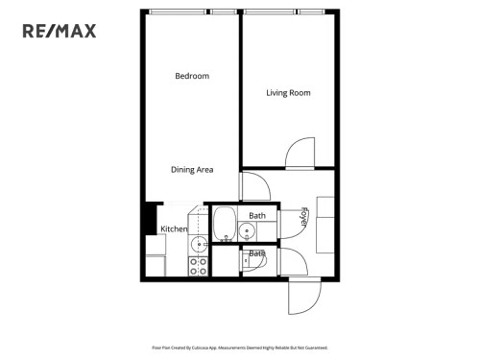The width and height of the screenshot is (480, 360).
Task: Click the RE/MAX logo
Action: point(59,31)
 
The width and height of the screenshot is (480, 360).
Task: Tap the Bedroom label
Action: point(191,76)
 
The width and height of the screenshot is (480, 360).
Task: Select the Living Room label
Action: point(287,93)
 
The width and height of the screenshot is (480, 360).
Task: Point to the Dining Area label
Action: point(191,170)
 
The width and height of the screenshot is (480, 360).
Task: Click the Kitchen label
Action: point(174,229)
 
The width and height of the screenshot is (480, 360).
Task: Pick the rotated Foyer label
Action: point(303,217)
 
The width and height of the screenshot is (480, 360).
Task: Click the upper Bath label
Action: point(257,216)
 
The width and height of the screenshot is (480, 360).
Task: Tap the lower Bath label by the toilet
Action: point(256,254)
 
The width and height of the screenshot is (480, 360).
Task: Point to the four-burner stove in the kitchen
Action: point(199,265)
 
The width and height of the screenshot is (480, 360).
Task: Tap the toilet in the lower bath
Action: point(257,259)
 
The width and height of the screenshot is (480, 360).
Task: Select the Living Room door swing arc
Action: point(299,154)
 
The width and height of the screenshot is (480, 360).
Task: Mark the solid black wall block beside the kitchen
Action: point(149,218)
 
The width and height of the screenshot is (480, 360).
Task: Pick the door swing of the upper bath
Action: point(292,223)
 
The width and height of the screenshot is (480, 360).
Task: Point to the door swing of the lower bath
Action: point(291,261)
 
